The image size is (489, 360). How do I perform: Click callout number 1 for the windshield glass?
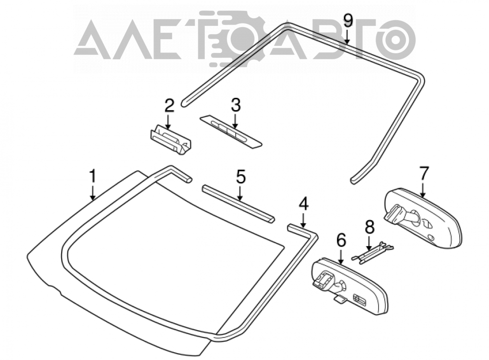point(92,176)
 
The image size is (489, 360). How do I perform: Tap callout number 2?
point(169,106)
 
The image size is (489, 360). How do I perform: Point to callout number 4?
point(304,204)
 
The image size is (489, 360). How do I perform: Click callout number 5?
point(241,177)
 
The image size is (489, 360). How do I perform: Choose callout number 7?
point(424,174)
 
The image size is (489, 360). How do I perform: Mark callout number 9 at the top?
point(348,21)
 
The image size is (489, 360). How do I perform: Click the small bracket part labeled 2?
point(170,139)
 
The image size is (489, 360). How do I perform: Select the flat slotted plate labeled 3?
point(231,131)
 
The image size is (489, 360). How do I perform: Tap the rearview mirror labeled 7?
point(422,218)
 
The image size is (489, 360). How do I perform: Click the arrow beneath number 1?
point(92,193)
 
